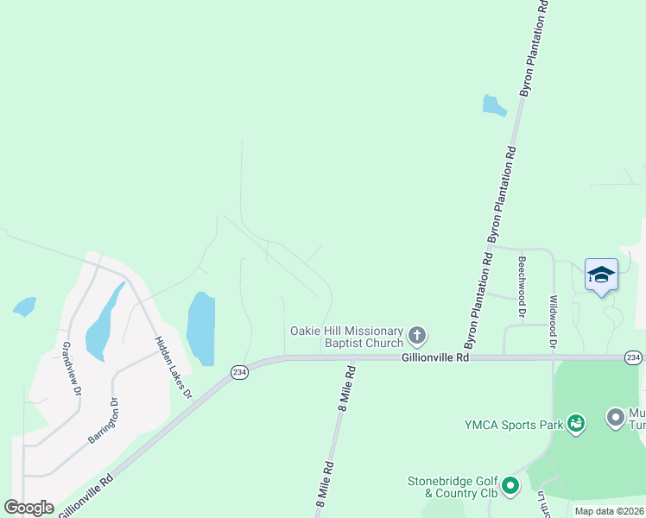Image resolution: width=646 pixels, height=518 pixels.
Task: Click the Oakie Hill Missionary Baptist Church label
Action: click(346, 337)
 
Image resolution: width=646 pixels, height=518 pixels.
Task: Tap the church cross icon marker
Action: click(417, 335)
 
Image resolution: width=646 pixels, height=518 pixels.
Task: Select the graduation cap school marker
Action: click(601, 275)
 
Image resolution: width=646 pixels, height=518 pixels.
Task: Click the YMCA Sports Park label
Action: click(513, 423)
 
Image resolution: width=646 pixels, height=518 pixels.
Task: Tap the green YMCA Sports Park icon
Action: click(576, 423)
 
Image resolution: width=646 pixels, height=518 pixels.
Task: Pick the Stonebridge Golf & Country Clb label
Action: click(453, 487)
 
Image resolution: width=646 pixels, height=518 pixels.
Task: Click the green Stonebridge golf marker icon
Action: click(510, 487)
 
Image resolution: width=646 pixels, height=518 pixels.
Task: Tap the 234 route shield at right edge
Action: click(634, 357)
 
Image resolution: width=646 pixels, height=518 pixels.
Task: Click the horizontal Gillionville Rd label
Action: click(435, 357)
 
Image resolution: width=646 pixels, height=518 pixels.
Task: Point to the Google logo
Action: click(28, 508)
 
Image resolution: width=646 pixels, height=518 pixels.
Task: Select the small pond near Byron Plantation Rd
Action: click(493, 106)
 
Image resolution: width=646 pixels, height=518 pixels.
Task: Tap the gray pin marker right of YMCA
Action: click(616, 419)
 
